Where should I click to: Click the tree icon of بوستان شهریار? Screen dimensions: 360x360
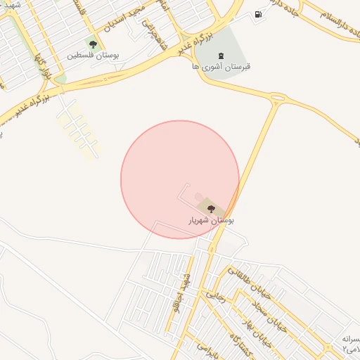coord(211,207)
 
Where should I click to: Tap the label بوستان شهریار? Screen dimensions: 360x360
coord(211,220)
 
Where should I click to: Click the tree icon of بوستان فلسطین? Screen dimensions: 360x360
coord(93,44)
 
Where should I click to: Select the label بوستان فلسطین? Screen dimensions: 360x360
coord(94,55)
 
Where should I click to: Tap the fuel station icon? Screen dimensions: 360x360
coord(259,14)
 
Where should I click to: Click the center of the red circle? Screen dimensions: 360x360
coord(180,179)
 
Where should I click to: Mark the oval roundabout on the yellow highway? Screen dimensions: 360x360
coord(276,98)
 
